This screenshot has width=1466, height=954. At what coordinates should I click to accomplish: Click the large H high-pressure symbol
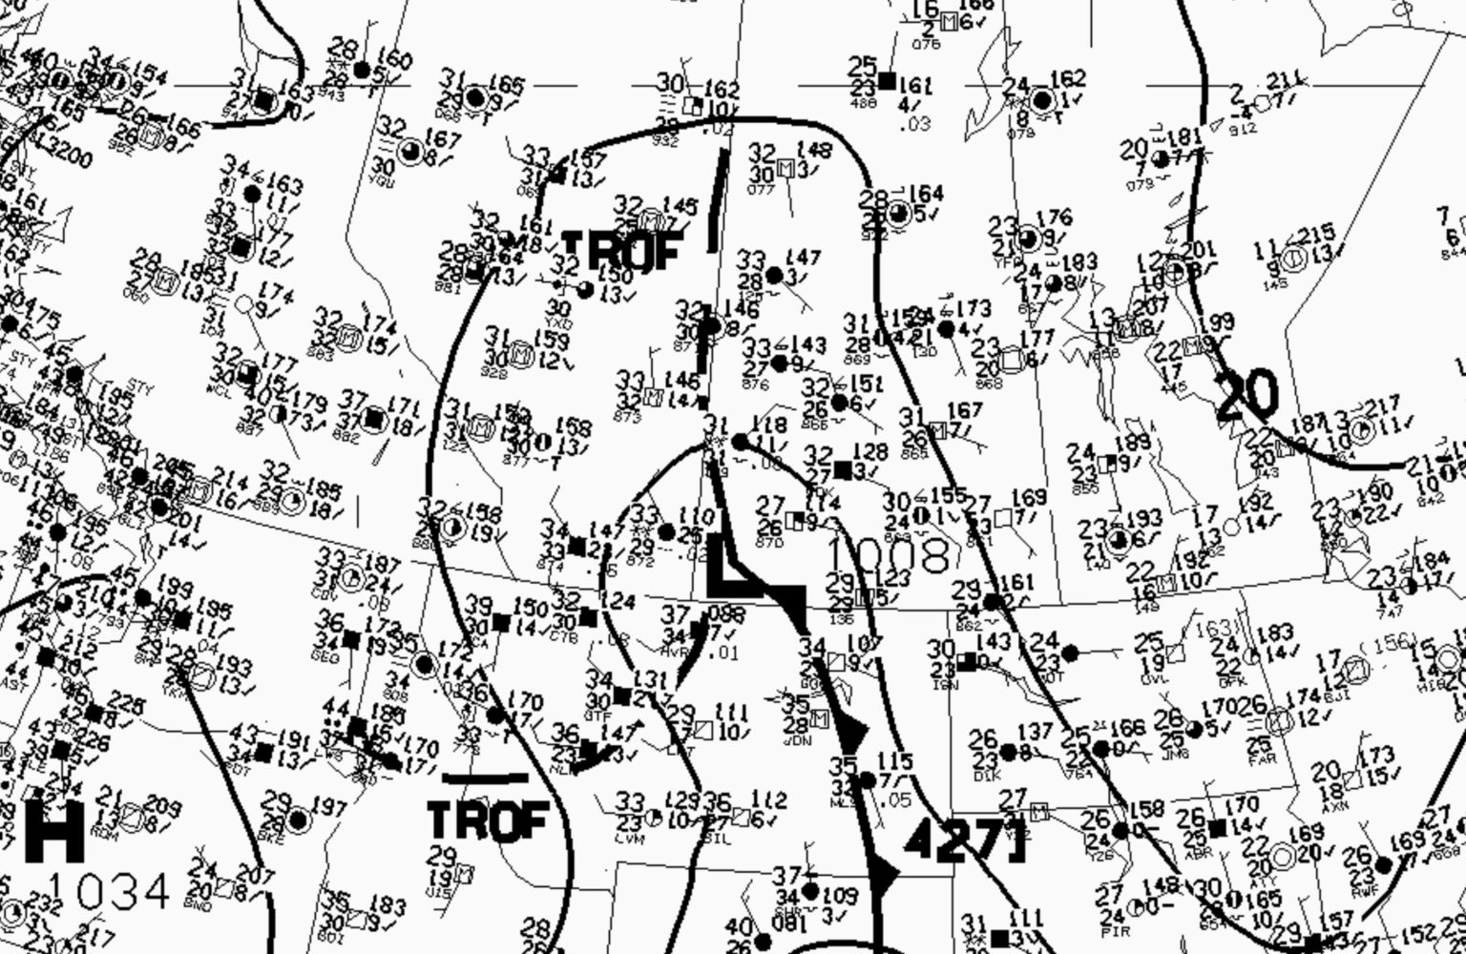53,832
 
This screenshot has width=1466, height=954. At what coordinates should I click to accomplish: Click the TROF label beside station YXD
622,251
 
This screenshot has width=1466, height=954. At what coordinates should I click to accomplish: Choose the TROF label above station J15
488,821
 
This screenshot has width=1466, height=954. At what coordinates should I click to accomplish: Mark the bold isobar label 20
1246,395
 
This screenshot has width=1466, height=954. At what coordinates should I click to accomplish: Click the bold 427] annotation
964,840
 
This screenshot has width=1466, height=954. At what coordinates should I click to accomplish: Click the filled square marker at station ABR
1216,828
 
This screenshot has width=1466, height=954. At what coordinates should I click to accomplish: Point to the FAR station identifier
1259,760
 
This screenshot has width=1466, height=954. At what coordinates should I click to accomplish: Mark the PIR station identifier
1110,928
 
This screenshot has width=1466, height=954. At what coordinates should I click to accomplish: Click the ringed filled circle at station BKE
298,819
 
